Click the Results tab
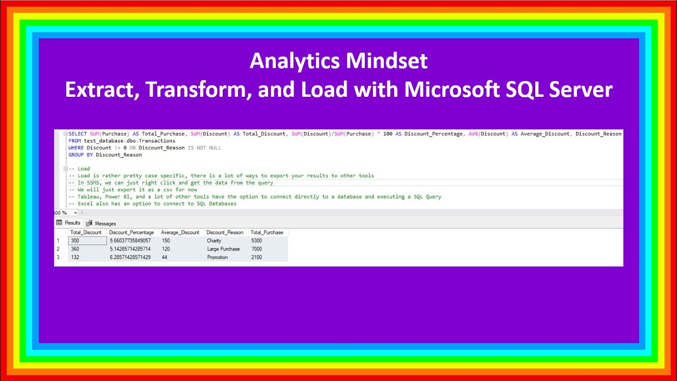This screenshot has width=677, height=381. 69,223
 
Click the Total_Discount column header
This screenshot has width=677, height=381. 86,232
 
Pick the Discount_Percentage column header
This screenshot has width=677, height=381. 131,232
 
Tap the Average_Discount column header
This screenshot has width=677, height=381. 180,232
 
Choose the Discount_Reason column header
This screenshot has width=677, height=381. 225,232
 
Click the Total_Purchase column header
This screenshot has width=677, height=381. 267,232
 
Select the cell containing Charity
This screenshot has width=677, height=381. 214,241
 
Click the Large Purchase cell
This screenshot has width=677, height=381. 223,249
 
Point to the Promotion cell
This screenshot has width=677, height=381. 217,258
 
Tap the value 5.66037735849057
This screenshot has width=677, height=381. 130,241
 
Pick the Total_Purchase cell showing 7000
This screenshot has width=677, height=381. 257,249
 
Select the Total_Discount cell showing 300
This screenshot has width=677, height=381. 75,241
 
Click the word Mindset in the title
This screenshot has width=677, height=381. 387,61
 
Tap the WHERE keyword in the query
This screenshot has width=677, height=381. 76,148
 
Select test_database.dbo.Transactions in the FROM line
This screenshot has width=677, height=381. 130,141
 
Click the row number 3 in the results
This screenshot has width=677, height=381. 58,258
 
